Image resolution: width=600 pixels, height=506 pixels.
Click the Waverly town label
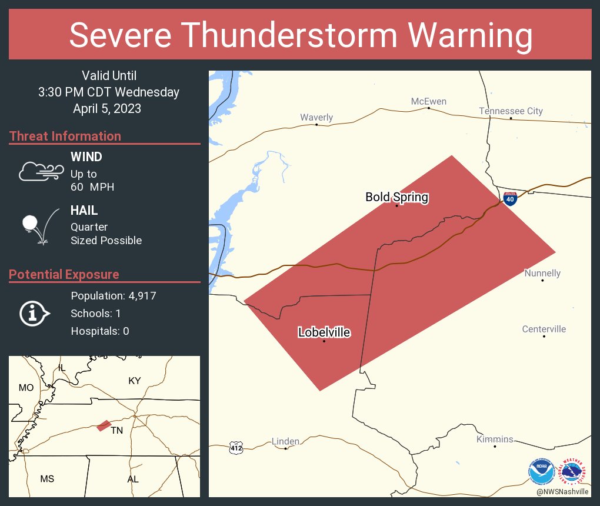tap(316, 118)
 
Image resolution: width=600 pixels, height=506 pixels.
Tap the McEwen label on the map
tap(428, 102)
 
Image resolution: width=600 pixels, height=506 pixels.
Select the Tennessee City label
tap(511, 111)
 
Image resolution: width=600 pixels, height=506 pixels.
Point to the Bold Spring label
tap(396, 197)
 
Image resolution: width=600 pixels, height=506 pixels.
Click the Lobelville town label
tap(324, 333)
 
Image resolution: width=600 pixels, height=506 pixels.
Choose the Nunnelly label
tap(542, 273)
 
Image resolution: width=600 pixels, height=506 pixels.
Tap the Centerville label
tap(544, 329)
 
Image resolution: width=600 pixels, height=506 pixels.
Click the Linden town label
tap(285, 441)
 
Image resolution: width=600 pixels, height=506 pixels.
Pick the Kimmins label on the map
tap(495, 440)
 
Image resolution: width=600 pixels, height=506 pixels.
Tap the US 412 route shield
tap(236, 448)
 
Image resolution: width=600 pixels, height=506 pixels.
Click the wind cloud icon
tap(40, 171)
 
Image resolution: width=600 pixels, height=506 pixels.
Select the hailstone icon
tap(31, 223)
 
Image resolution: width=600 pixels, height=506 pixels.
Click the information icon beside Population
tap(34, 314)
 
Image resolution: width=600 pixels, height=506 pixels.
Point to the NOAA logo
tap(541, 471)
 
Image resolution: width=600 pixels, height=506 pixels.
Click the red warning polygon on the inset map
tap(104, 425)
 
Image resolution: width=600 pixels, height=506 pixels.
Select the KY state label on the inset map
tap(135, 381)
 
